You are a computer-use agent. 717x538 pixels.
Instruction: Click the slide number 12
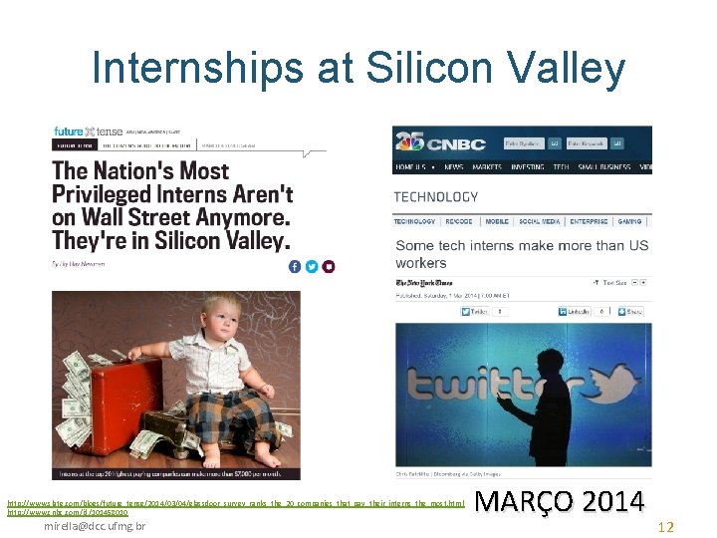666,527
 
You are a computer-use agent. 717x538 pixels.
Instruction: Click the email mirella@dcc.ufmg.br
95,525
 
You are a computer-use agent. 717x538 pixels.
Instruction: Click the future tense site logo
88,131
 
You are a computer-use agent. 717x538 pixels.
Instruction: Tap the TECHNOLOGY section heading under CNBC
435,197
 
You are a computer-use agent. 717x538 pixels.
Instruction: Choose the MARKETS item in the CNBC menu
487,167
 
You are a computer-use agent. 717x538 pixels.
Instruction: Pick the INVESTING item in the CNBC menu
527,167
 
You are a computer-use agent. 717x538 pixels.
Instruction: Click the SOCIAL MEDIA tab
542,221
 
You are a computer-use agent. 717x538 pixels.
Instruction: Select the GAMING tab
629,221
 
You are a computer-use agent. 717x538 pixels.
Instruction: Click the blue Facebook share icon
294,266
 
